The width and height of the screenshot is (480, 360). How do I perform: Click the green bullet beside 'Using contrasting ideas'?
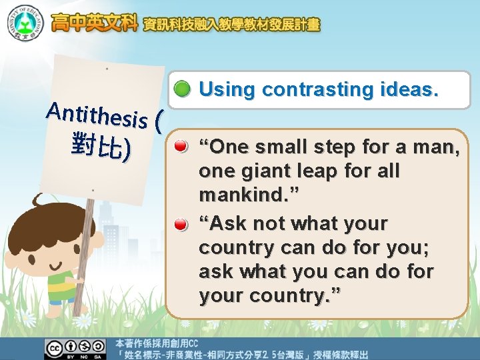pos(182,90)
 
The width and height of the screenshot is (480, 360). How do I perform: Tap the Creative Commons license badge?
pos(75,349)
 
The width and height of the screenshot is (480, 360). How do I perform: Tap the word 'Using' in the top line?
pos(227,89)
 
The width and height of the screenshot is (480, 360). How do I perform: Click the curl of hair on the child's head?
pos(40,199)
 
